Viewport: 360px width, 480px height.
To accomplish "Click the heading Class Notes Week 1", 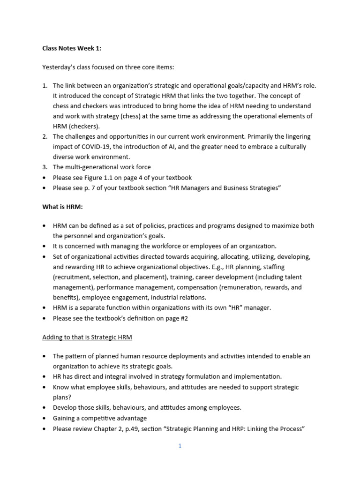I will tap(72, 48).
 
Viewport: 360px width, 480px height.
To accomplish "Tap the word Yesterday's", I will tap(59, 67).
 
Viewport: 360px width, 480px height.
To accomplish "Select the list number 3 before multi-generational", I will tap(45, 167).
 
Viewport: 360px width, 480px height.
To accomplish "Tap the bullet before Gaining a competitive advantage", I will tap(45, 418).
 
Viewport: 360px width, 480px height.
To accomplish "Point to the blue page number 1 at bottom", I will tap(180, 446).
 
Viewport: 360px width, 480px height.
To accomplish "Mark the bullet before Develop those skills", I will tap(45, 408).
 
